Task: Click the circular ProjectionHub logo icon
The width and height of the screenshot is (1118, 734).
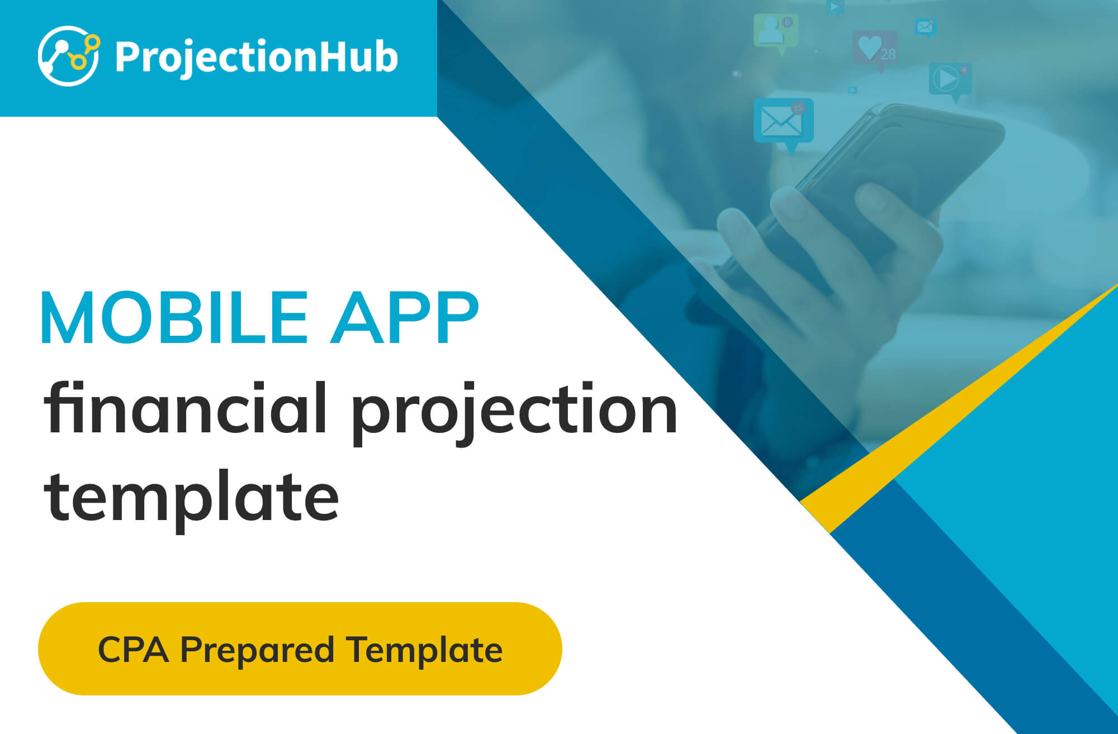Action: [x=68, y=56]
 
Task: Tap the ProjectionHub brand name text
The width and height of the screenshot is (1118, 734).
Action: [x=256, y=58]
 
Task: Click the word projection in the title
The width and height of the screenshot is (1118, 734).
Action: [x=515, y=414]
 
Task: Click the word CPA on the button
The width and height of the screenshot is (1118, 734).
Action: [x=133, y=649]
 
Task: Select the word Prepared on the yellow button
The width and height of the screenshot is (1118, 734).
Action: [x=257, y=651]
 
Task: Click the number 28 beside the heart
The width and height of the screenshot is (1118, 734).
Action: [x=888, y=54]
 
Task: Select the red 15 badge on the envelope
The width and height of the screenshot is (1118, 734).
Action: [x=798, y=108]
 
